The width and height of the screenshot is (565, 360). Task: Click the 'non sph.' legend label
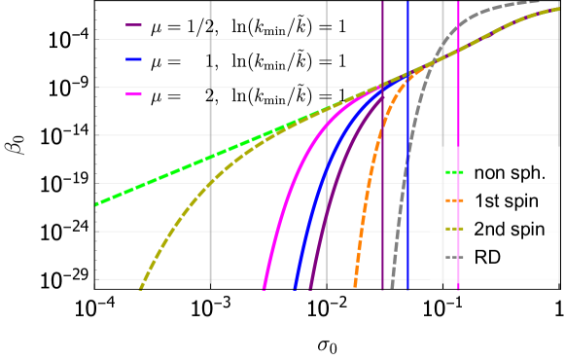click(x=502, y=174)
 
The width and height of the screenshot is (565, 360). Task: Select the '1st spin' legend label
click(x=502, y=202)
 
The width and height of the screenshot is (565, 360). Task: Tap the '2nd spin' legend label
click(x=503, y=231)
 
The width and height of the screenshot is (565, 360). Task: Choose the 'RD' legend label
click(x=486, y=259)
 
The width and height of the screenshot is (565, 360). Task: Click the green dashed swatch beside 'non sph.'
click(x=453, y=174)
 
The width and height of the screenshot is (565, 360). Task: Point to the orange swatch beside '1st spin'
click(x=453, y=202)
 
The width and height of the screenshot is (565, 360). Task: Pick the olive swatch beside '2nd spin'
click(x=453, y=231)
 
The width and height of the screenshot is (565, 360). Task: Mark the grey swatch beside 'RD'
click(x=453, y=259)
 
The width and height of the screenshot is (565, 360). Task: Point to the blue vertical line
click(x=407, y=195)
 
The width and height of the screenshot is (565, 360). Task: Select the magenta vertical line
click(x=458, y=195)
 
